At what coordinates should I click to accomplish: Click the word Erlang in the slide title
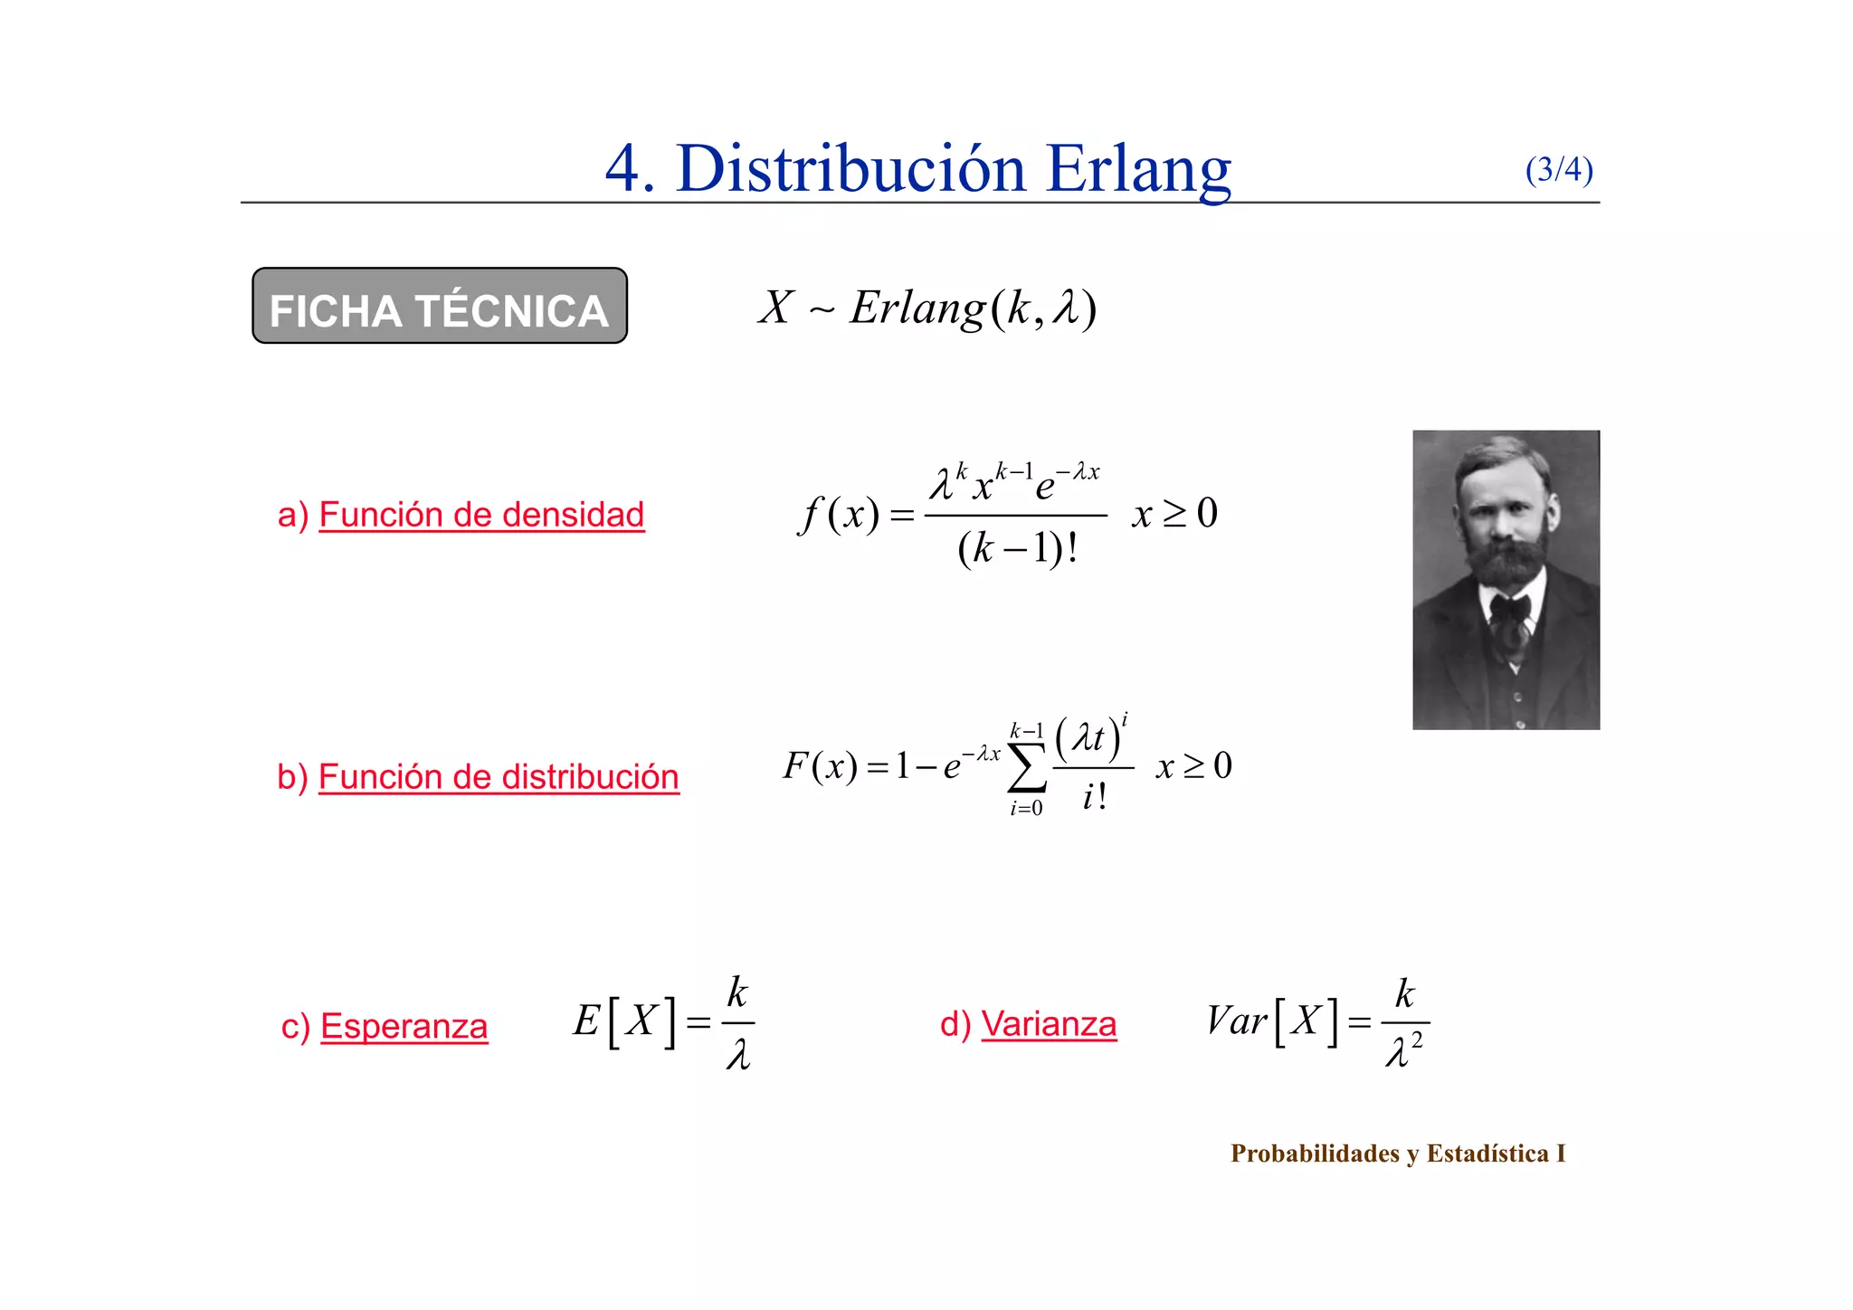click(1138, 169)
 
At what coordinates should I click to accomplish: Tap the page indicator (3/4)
click(1558, 169)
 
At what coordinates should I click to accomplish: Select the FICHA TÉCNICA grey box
click(439, 306)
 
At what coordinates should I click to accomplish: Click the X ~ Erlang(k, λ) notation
click(927, 308)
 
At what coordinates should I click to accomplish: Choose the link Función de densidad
click(481, 515)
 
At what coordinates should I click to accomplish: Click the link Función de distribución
click(499, 777)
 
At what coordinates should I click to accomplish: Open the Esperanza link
click(404, 1027)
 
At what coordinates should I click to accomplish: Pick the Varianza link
click(1049, 1024)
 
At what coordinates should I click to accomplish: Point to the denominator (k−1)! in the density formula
click(1017, 548)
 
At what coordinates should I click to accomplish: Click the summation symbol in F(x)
click(1027, 768)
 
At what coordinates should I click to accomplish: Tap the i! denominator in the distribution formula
click(1094, 797)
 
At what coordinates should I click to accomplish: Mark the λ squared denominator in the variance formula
click(1403, 1052)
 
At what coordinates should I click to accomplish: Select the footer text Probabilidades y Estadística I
click(1397, 1153)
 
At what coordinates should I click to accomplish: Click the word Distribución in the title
click(850, 169)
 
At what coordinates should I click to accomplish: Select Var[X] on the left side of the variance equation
click(1271, 1022)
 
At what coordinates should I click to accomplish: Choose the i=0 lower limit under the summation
click(1026, 809)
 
